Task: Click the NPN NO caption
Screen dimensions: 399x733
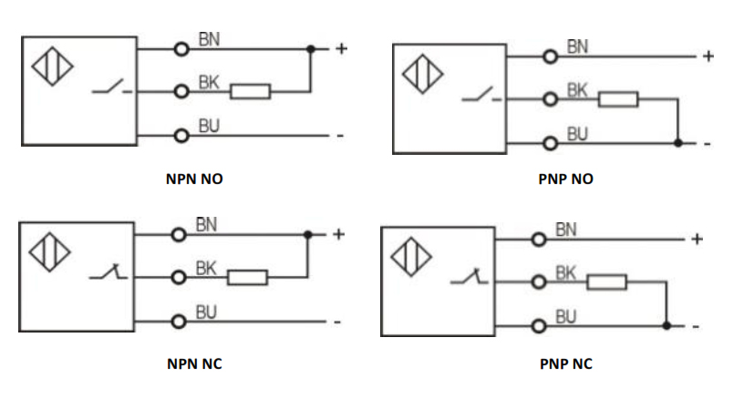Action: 194,179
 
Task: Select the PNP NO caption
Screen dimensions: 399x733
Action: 565,179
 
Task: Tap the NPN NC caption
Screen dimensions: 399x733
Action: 194,364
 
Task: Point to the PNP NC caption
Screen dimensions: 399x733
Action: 565,364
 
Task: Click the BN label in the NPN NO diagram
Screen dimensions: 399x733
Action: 210,39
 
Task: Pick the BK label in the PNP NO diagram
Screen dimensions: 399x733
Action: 577,90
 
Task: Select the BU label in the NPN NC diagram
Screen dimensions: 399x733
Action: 206,312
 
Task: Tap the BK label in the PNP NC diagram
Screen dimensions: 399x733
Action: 565,272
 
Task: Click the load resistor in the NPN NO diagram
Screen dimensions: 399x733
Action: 250,91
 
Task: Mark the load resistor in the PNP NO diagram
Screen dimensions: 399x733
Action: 617,98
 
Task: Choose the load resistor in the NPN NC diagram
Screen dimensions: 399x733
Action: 247,277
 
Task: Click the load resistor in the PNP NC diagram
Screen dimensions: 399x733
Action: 606,282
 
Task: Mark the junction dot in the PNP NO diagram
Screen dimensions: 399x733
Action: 677,143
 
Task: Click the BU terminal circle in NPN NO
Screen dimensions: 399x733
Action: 182,136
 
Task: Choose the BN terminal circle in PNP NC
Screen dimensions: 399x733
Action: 540,240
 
